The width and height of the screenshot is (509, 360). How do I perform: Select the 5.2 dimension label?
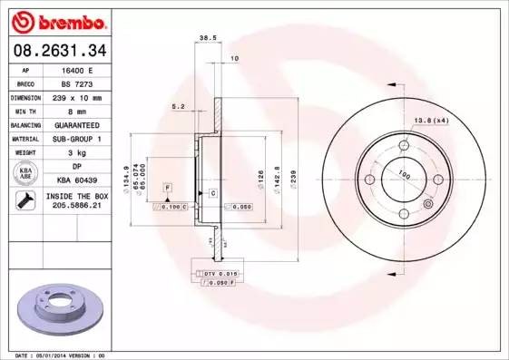(x=179, y=107)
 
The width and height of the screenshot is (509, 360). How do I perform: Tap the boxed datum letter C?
(x=212, y=193)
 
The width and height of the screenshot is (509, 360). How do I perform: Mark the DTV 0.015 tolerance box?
(x=219, y=272)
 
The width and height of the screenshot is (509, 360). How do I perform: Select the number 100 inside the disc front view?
(x=404, y=175)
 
